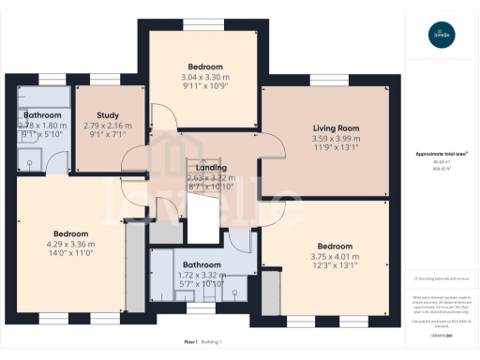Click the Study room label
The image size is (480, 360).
(108, 116)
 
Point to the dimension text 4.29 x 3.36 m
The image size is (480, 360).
(70, 244)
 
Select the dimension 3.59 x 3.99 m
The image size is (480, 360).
(336, 139)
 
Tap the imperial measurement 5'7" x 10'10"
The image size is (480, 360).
(202, 284)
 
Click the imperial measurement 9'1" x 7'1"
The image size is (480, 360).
(108, 135)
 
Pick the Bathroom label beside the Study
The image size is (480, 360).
(42, 115)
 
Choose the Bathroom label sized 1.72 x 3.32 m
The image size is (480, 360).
(202, 264)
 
